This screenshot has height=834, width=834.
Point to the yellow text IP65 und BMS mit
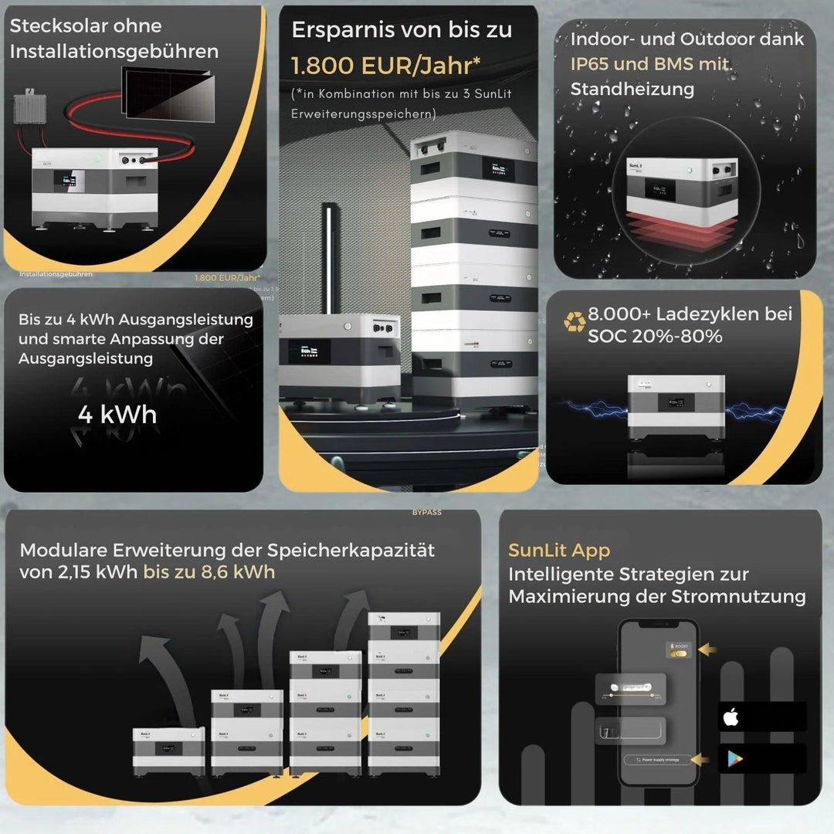point(651,64)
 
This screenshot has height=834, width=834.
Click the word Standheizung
point(632,89)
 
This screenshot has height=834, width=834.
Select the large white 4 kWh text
point(117,415)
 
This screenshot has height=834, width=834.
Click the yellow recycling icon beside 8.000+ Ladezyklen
point(574,322)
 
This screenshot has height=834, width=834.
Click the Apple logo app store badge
point(731,717)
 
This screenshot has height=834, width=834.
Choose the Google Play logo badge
point(731,759)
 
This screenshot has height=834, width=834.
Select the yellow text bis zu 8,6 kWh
point(208,572)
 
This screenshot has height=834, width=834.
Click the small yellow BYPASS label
point(427,512)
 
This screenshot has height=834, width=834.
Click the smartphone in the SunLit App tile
point(659,703)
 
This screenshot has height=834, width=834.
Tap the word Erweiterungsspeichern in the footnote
point(363,114)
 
